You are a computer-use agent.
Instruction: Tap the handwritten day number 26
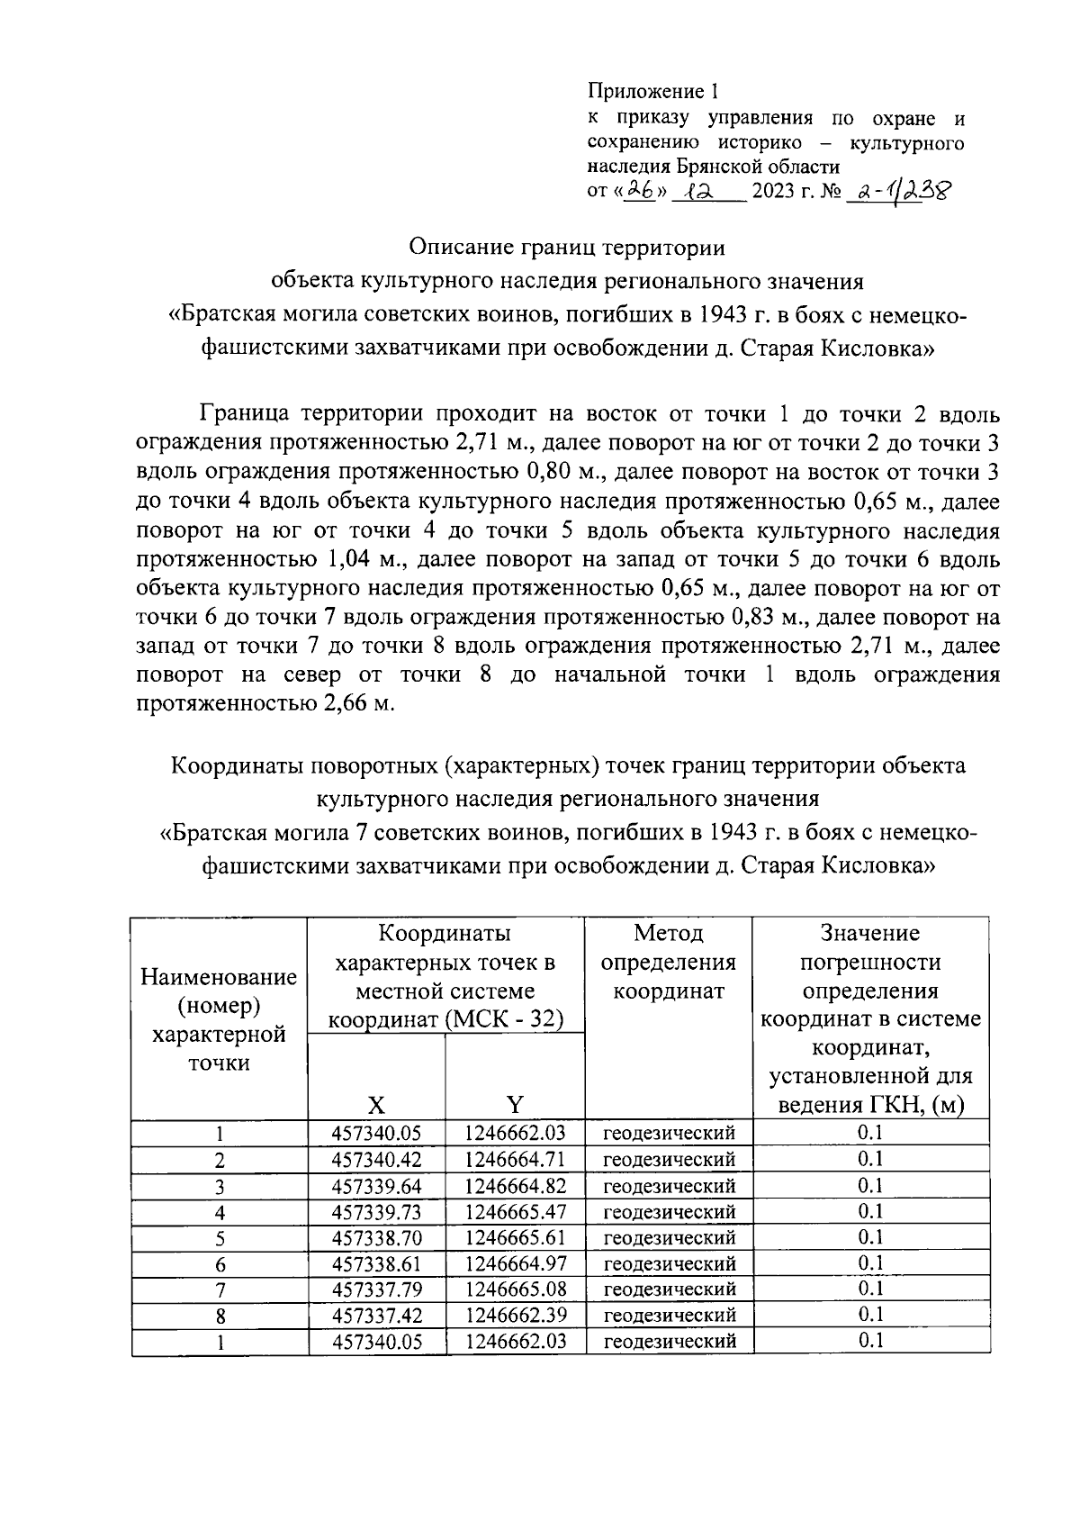(640, 191)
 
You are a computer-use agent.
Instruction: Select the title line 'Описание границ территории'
(566, 246)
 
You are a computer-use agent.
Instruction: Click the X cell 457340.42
(376, 1159)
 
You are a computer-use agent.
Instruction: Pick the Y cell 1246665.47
(515, 1211)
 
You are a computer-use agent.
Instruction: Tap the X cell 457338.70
(376, 1237)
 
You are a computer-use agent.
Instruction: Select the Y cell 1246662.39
(515, 1315)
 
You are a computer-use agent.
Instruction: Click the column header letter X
(376, 1105)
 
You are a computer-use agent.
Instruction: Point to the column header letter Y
(515, 1105)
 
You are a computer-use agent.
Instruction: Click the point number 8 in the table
(220, 1316)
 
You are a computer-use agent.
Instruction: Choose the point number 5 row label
(220, 1238)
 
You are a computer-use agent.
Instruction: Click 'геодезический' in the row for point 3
(669, 1185)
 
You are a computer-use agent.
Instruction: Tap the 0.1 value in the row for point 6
(870, 1262)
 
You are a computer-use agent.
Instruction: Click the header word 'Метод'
(668, 933)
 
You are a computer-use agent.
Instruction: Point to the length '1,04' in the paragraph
(339, 559)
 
